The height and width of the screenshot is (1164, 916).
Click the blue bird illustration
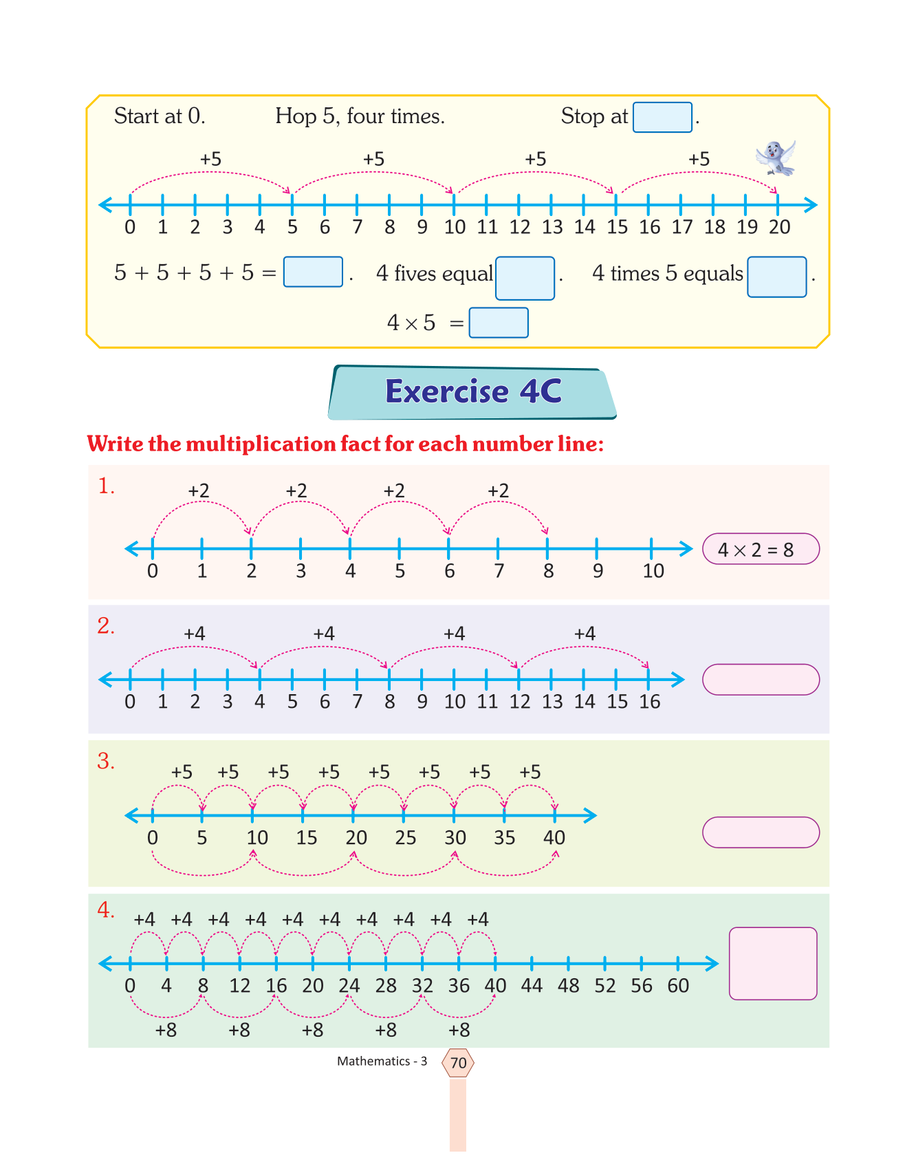776,158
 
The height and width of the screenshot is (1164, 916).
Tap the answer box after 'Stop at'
662,117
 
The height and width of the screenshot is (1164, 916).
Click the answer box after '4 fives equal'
525,278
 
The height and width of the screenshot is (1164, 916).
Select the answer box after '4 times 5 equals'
776,277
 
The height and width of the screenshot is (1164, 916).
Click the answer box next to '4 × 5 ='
498,323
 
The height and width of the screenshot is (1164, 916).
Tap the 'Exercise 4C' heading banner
472,392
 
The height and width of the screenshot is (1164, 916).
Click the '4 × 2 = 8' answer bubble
760,549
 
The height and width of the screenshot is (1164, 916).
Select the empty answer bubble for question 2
760,680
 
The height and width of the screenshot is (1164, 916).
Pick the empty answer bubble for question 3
760,832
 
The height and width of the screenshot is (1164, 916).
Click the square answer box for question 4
772,963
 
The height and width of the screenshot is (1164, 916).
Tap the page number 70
458,1063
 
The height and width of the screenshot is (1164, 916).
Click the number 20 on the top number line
779,227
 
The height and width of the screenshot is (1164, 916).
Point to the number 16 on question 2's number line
649,702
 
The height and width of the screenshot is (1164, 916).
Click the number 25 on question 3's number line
405,837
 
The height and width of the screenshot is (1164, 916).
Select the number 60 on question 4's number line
678,986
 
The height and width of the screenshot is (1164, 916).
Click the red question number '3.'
106,761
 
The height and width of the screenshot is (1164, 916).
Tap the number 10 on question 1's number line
653,571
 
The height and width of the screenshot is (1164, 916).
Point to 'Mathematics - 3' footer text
382,1061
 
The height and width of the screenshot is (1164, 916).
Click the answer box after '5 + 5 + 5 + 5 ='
313,272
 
